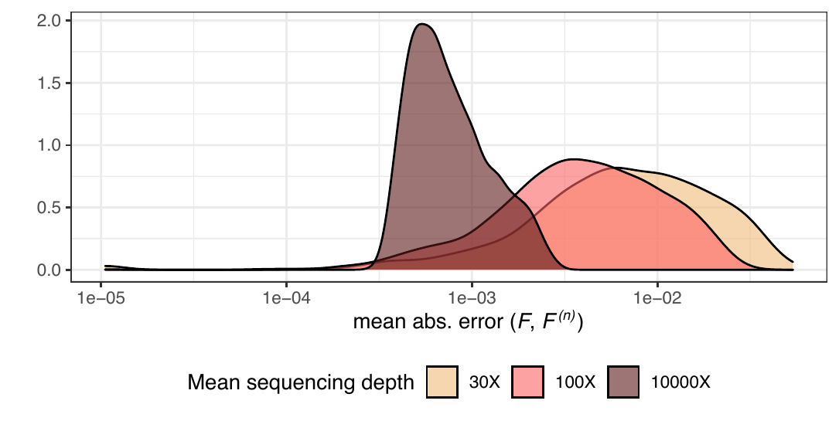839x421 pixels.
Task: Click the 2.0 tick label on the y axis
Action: (x=47, y=21)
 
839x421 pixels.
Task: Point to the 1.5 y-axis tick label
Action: (x=47, y=83)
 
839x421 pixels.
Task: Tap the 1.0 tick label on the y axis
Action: (x=47, y=145)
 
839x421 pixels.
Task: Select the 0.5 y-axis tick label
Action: (x=47, y=208)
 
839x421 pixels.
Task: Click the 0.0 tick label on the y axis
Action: (x=47, y=270)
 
